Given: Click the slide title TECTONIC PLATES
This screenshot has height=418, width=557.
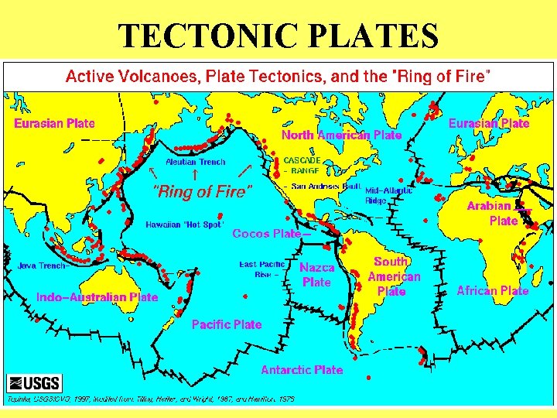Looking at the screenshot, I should (x=278, y=35).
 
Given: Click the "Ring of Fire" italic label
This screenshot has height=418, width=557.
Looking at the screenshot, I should (x=202, y=190).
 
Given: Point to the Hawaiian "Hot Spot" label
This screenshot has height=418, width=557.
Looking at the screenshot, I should (x=184, y=225).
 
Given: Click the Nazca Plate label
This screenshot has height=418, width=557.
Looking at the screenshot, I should (x=317, y=275).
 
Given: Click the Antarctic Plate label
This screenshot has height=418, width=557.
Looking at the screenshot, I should (x=302, y=370).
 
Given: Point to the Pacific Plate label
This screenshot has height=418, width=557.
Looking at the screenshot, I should (x=227, y=324).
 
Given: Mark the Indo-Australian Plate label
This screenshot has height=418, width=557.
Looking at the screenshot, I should (x=97, y=296).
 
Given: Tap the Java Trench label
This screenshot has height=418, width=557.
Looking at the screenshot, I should (x=42, y=266).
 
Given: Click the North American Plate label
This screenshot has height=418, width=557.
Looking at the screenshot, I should (x=341, y=135).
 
